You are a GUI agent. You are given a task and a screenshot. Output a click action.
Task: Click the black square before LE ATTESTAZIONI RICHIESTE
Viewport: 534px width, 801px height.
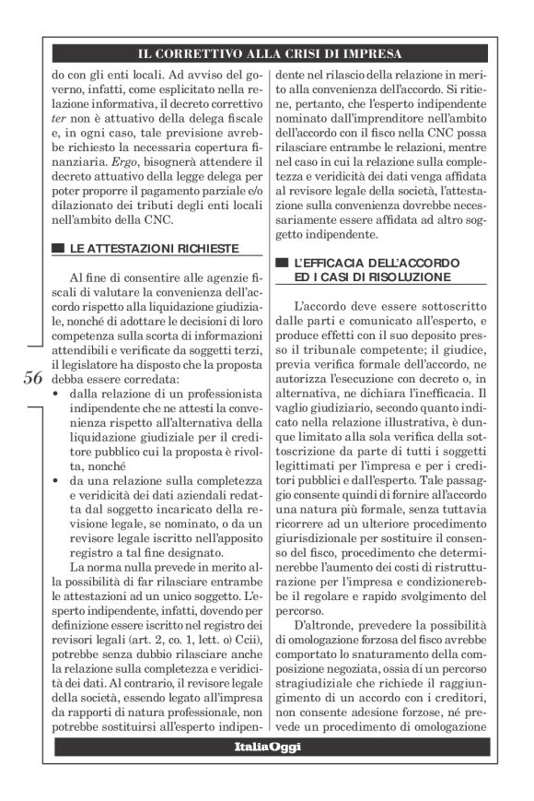tap(59, 248)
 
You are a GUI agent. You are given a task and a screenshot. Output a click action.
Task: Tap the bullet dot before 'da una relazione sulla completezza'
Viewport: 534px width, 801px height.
tap(57, 480)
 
